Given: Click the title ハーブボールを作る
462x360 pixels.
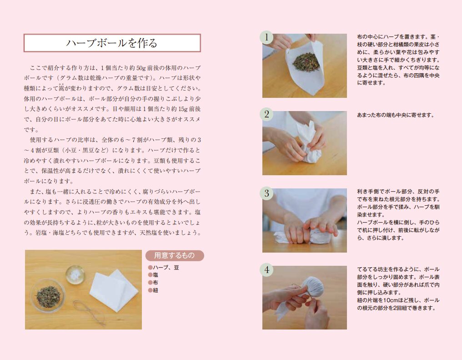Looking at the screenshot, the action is tap(112, 43).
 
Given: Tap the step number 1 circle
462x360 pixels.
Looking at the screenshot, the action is tap(266, 37).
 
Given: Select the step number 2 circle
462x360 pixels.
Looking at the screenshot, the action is tap(266, 114).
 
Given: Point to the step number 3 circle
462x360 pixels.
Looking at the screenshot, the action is tap(266, 193).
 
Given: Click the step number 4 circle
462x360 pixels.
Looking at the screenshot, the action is tap(266, 270).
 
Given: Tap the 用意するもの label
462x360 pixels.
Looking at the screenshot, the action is tap(175, 255).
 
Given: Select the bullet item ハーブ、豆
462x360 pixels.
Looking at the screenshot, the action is tap(164, 268).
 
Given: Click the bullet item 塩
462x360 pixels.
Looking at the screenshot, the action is tap(153, 275).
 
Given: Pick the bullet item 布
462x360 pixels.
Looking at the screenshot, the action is tap(153, 283).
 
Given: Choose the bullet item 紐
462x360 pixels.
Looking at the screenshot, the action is tap(153, 290).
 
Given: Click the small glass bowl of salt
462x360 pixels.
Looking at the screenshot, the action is tap(75, 275).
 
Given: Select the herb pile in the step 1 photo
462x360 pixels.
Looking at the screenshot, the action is tap(306, 60).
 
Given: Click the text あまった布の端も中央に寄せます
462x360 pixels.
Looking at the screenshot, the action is tap(396, 115).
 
